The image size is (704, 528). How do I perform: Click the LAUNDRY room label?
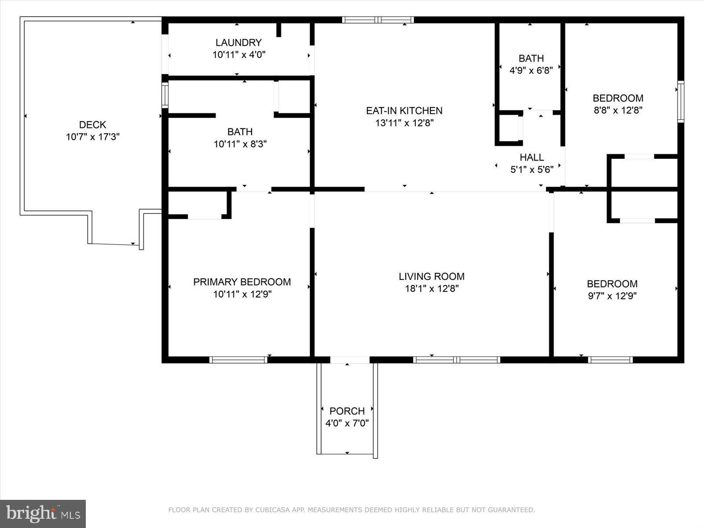pos(238,43)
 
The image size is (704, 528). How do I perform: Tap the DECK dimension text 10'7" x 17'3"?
pos(93,137)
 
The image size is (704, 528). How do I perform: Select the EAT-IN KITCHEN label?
pos(404,110)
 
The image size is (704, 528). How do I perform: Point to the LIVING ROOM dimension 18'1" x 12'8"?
pos(432,289)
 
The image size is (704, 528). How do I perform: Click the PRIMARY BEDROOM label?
pos(242,282)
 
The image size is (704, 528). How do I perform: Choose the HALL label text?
pos(532,157)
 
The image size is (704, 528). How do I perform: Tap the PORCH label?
pos(347,411)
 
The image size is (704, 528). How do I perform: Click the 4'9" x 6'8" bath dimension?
pos(531,70)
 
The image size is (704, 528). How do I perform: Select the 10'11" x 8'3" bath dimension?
pos(240,144)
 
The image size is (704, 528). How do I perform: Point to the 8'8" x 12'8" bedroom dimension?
pos(618,110)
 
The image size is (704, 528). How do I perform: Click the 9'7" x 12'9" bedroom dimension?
pos(612,296)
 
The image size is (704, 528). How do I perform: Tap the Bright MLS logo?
pos(43,513)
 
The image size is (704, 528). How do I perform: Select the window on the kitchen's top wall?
pos(378,20)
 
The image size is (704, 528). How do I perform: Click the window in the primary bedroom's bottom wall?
pos(238,360)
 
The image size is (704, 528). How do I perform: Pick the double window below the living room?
pos(456,360)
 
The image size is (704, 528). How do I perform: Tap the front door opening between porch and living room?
pos(350,360)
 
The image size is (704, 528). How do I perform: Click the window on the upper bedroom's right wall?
pos(681,101)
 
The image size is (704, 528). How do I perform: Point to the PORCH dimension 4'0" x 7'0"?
pos(347,423)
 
